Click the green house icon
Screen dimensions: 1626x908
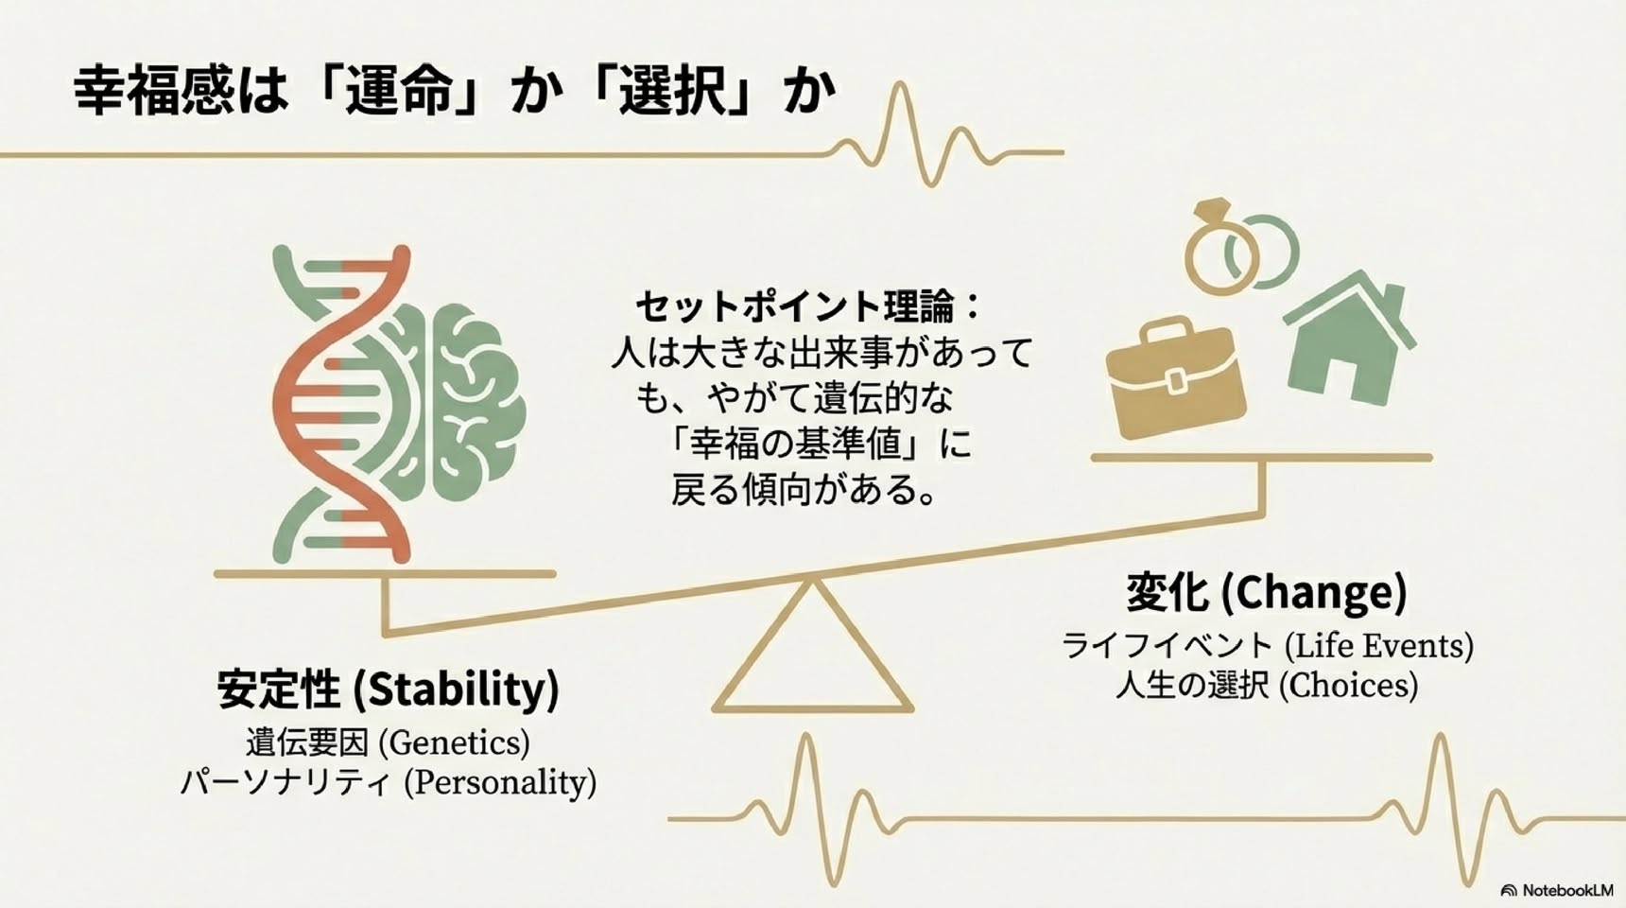pos(1347,339)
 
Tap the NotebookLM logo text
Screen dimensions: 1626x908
pos(1556,890)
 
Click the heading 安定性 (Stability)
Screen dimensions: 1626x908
pos(388,688)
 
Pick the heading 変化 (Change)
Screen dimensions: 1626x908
pos(1266,592)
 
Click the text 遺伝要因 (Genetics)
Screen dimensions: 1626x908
pos(388,742)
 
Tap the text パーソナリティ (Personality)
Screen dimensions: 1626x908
pos(388,782)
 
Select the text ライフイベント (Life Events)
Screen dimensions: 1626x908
pos(1267,646)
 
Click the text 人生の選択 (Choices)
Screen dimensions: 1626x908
pos(1267,685)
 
